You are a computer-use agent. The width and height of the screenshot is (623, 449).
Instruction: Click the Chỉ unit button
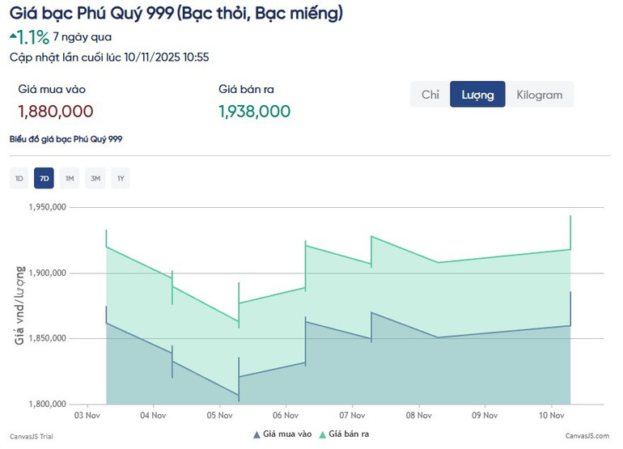point(430,95)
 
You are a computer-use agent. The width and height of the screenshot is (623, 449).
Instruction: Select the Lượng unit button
point(477,95)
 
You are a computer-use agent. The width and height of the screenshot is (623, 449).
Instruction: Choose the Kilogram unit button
point(539,95)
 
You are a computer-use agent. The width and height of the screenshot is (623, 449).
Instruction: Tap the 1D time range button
point(19,179)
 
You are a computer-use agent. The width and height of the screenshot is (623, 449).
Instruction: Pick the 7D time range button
point(44,179)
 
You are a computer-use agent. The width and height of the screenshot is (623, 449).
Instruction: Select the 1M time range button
point(70,179)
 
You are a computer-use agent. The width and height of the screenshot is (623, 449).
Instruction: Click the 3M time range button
point(95,179)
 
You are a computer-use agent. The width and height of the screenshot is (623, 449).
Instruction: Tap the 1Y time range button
point(121,179)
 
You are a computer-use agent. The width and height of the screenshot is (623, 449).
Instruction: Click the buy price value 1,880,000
point(55,112)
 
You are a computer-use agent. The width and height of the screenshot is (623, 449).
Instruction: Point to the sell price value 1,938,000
point(254,112)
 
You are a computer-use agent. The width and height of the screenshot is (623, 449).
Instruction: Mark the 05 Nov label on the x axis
point(219,416)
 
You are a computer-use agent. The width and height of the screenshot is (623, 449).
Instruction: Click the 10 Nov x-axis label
point(551,416)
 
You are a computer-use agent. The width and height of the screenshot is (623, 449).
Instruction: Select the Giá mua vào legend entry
point(282,434)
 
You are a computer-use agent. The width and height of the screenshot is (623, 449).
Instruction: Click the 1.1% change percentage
point(33,37)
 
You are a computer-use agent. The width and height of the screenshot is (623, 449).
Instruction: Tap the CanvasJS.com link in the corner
point(587,435)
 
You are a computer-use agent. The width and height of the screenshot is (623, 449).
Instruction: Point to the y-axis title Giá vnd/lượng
point(19,304)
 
